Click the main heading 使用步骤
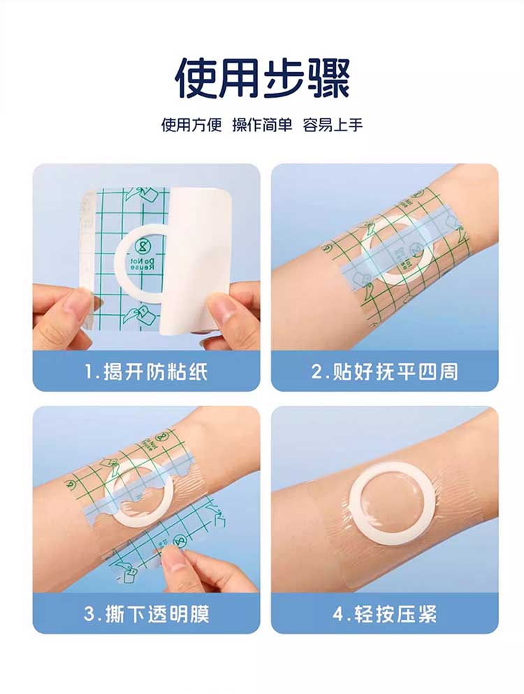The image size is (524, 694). (x=262, y=79)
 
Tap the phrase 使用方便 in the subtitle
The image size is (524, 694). (x=191, y=125)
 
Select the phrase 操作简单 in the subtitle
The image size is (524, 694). (x=262, y=125)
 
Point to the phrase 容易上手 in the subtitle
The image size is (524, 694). (x=333, y=125)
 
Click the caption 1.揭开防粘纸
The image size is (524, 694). (x=146, y=371)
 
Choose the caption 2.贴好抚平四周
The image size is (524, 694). (x=384, y=371)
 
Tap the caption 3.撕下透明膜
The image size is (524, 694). (x=146, y=614)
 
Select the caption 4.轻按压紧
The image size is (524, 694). (x=384, y=614)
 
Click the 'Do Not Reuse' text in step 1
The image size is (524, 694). (x=143, y=265)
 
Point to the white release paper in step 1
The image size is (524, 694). (x=199, y=257)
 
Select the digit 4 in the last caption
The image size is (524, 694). (x=339, y=614)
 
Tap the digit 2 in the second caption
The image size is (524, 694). (x=317, y=372)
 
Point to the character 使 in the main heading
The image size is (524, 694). (x=196, y=79)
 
